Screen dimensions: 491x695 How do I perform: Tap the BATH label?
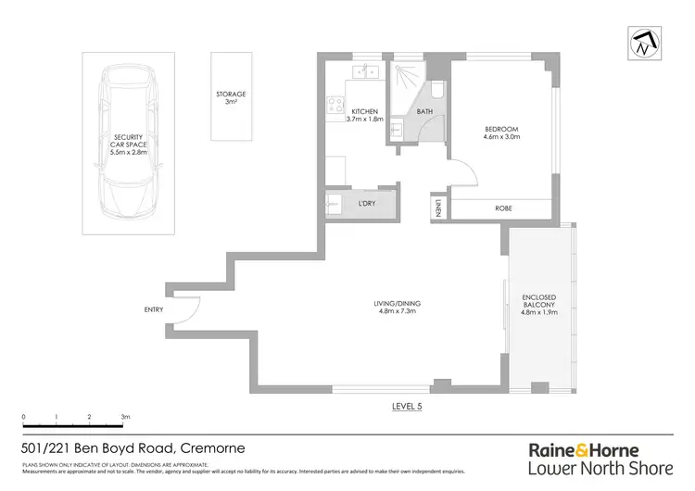point(424,111)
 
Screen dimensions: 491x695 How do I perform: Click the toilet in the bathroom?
point(437,88)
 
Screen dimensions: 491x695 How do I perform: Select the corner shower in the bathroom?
point(406,79)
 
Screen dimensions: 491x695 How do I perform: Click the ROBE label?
point(504,208)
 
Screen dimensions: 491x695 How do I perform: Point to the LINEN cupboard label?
point(438,207)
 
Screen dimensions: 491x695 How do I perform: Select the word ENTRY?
point(154,309)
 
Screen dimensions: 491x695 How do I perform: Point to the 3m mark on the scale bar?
point(124,418)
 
